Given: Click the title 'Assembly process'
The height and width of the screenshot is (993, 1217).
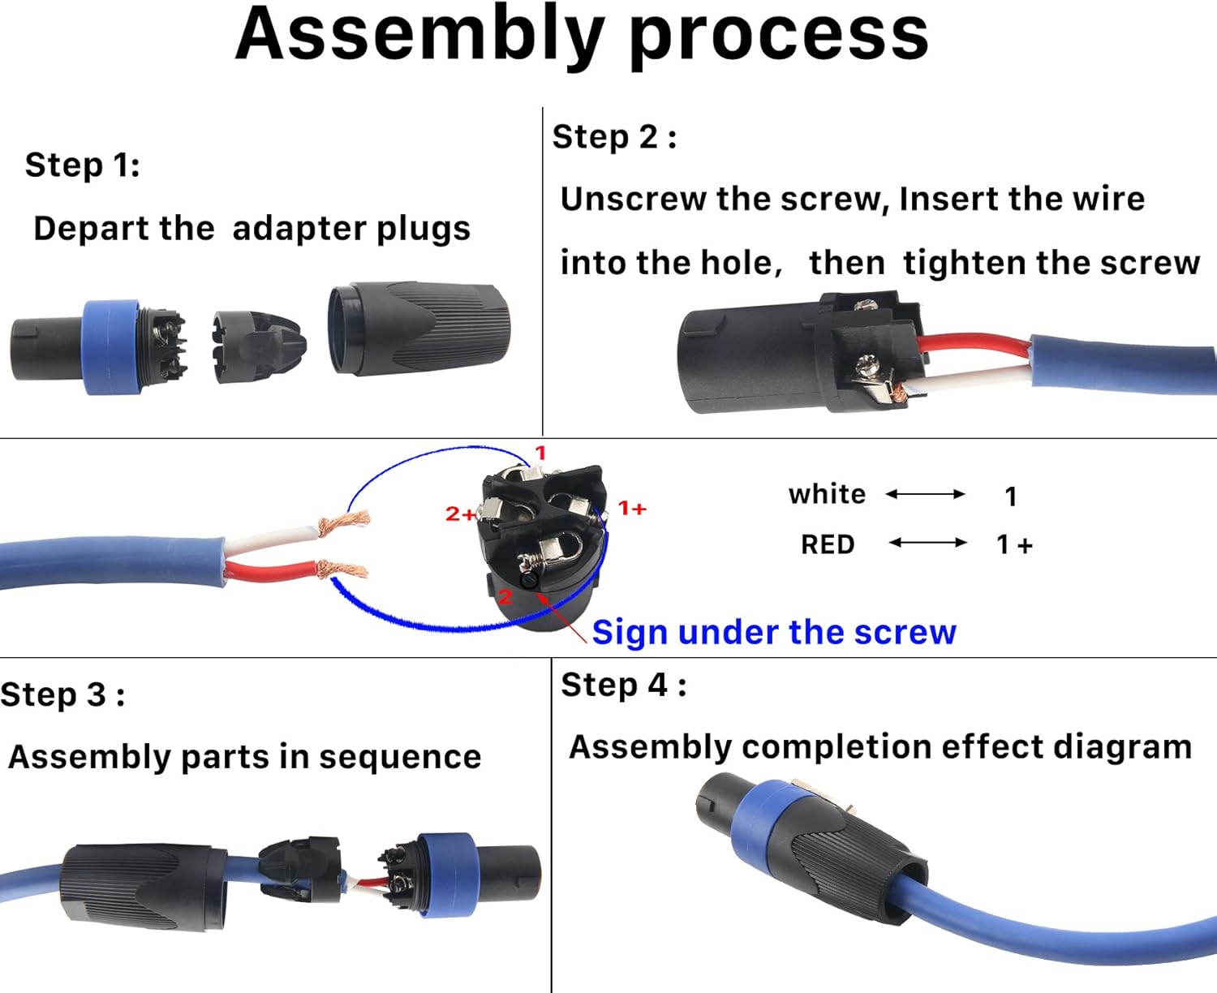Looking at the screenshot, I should click(582, 34).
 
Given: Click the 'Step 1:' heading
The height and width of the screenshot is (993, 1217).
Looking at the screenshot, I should click(82, 165).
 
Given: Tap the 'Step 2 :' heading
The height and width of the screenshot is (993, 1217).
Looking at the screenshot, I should click(614, 137).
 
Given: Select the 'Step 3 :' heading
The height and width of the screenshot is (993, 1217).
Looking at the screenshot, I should click(62, 695).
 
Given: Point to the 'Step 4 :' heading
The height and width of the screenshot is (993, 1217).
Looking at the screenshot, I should click(623, 686).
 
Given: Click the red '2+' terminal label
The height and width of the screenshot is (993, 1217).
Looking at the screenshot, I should click(460, 514).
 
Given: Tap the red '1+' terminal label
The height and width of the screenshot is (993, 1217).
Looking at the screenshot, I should click(632, 509).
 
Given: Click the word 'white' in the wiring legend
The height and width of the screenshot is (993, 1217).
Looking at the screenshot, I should click(827, 494).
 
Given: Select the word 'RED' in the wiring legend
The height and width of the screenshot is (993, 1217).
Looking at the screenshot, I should click(828, 544).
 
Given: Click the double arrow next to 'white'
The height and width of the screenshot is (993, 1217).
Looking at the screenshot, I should click(925, 494).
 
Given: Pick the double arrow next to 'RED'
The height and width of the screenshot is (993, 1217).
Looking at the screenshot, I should click(927, 543).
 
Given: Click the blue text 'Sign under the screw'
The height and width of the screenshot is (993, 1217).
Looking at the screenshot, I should click(774, 632).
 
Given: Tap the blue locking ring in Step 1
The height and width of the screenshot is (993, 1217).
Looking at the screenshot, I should click(111, 346).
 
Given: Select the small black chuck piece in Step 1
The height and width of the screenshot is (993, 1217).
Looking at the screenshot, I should click(258, 346).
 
